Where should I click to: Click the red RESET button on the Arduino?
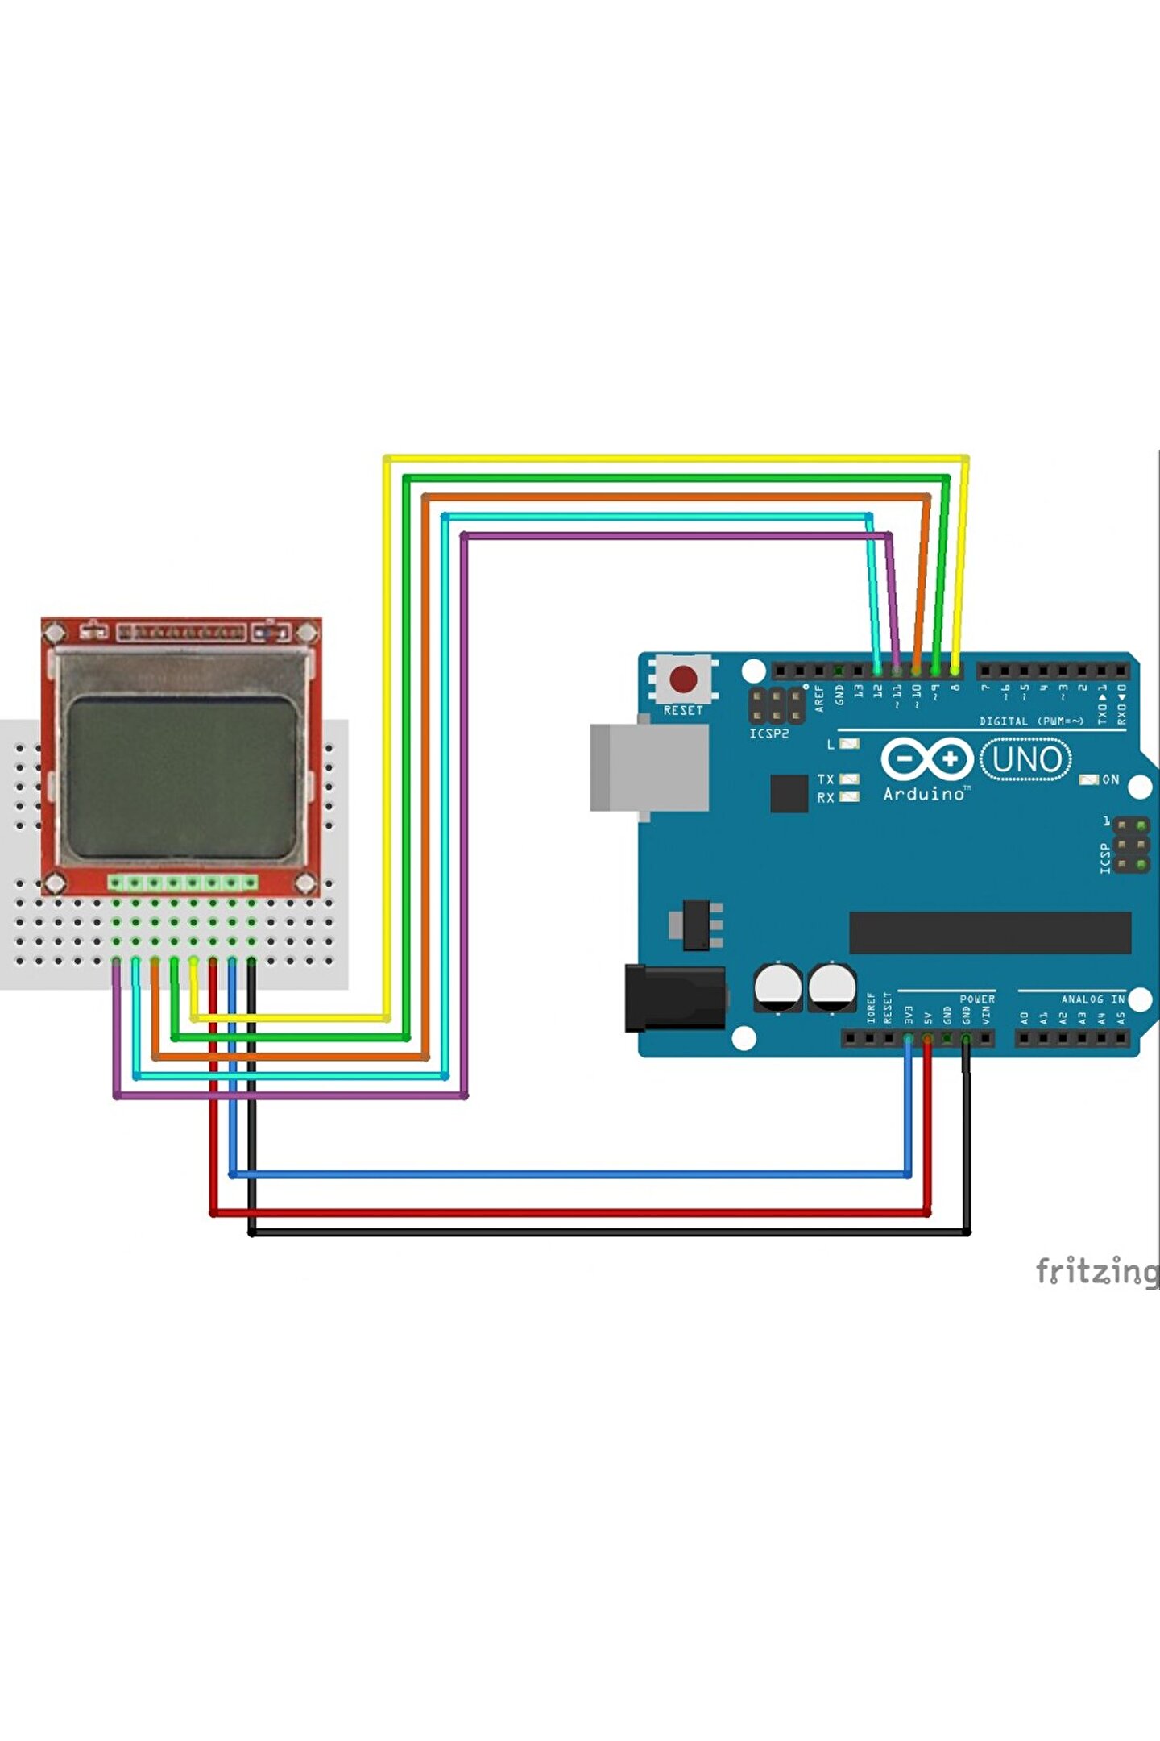[x=683, y=679]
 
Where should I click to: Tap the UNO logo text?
[x=1026, y=759]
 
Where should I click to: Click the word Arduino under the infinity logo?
[x=923, y=794]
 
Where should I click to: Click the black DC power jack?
[x=675, y=999]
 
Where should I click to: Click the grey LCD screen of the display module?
[x=182, y=777]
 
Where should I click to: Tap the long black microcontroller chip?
[x=990, y=933]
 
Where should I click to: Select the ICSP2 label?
[x=768, y=733]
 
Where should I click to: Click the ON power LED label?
[x=1110, y=779]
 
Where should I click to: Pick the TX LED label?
[x=825, y=779]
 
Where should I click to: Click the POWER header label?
[x=977, y=999]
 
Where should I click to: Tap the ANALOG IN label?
[x=1092, y=999]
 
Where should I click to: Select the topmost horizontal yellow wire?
[x=677, y=459]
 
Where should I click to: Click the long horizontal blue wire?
[x=564, y=1174]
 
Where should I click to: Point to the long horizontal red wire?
[x=564, y=1212]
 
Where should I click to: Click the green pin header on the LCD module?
[x=183, y=883]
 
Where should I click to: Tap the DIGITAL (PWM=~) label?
[x=1031, y=721]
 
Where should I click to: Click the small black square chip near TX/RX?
[x=789, y=793]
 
